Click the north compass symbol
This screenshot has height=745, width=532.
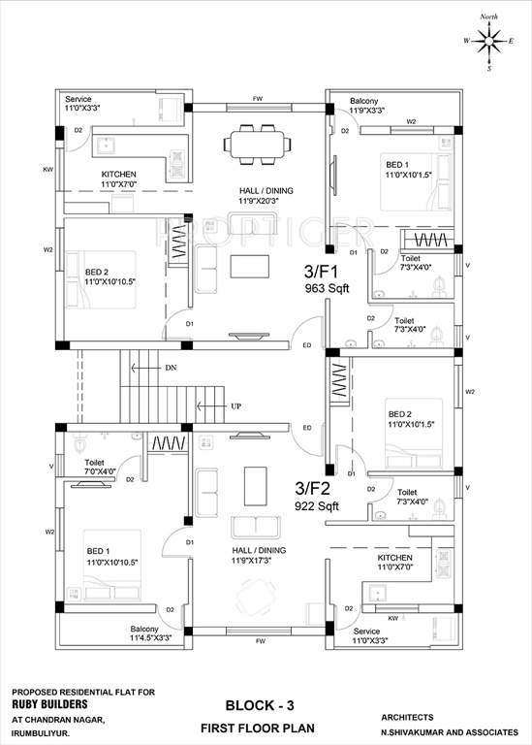[489, 41]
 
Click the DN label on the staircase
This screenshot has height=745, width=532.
[171, 369]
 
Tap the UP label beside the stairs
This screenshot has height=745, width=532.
[235, 405]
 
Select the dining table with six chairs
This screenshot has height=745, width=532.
[258, 144]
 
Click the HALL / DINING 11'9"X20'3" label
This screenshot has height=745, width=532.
[266, 196]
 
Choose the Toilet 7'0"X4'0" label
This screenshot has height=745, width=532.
[100, 468]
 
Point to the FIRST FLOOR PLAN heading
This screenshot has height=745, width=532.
[259, 727]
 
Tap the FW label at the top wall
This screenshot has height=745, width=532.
[258, 99]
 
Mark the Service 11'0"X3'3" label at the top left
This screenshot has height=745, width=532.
[86, 105]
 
